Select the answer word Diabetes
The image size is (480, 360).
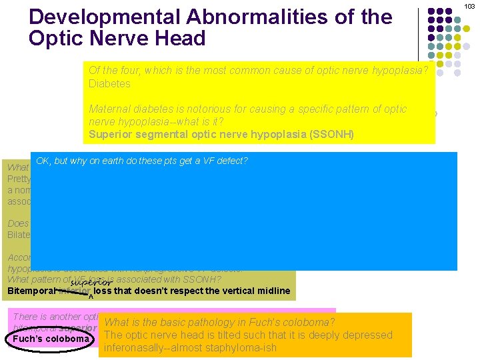[x=109, y=84]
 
